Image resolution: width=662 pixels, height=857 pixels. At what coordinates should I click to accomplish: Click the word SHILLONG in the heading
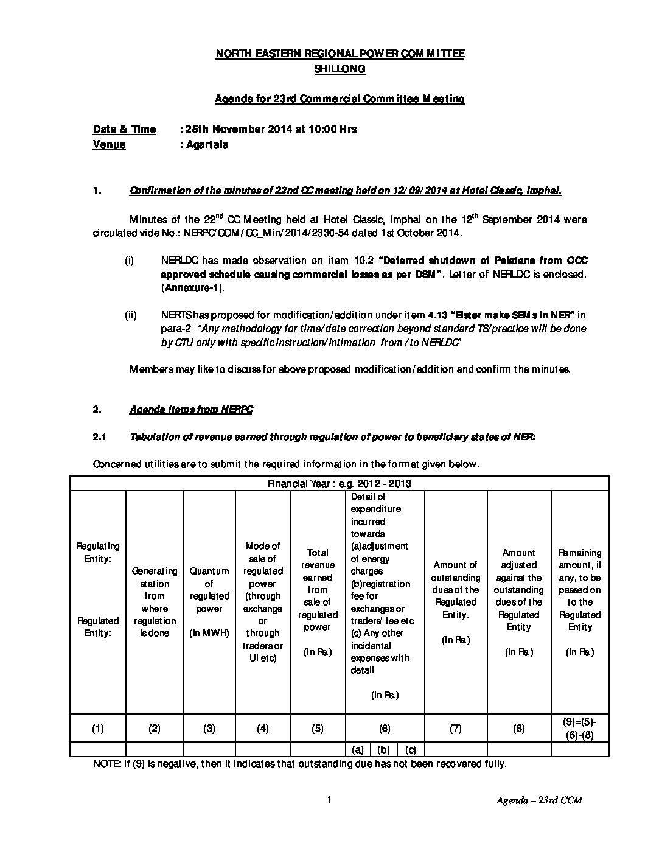(x=340, y=69)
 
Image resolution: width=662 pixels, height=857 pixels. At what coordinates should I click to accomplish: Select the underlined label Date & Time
(x=124, y=129)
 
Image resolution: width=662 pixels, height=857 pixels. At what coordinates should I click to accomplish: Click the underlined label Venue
(x=109, y=144)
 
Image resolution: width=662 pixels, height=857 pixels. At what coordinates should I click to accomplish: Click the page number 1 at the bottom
(x=329, y=800)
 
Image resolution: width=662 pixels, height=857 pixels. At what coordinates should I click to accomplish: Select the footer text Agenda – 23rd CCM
(x=539, y=800)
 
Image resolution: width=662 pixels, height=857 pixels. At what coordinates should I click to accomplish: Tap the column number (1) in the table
(x=97, y=729)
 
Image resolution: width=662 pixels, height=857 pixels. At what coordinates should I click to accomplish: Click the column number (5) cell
(x=317, y=729)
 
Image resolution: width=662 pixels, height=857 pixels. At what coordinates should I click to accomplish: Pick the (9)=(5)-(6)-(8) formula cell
(x=579, y=728)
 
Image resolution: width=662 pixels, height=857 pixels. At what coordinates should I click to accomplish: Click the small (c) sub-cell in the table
(x=411, y=750)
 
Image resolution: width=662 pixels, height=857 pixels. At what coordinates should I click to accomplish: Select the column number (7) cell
(x=455, y=729)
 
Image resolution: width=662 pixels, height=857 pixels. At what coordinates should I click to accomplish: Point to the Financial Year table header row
(x=340, y=483)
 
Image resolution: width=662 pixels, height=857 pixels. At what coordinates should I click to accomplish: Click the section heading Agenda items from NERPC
(x=191, y=410)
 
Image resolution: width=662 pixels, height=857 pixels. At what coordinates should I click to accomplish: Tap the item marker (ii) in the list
(x=130, y=315)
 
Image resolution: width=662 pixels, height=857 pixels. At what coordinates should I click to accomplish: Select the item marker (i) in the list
(x=129, y=261)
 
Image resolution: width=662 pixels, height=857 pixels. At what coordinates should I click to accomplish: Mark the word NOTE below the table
(x=106, y=763)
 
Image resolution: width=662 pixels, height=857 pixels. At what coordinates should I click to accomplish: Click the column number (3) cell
(x=209, y=729)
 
